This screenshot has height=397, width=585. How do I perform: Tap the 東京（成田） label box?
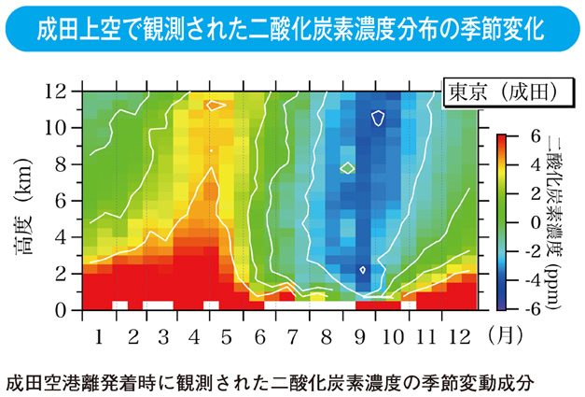pyautogui.click(x=499, y=92)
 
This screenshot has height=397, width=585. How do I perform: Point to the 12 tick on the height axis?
pyautogui.click(x=66, y=92)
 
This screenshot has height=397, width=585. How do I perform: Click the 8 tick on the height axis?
pyautogui.click(x=68, y=164)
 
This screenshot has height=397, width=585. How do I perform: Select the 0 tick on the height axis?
pyautogui.click(x=68, y=309)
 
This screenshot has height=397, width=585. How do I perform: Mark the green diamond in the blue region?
pyautogui.click(x=347, y=168)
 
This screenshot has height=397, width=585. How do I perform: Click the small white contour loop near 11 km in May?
pyautogui.click(x=216, y=106)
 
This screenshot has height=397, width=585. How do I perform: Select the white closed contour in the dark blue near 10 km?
pyautogui.click(x=379, y=118)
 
